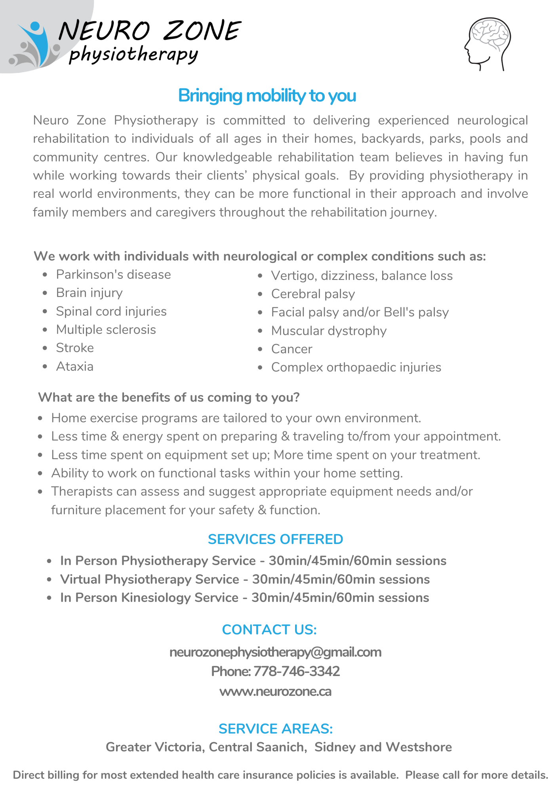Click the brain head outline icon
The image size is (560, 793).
(x=488, y=44)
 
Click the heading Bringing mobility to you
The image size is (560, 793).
(x=267, y=96)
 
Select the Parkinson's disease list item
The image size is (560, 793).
(x=113, y=274)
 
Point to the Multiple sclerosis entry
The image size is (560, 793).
(x=106, y=329)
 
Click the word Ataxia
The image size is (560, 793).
(x=75, y=366)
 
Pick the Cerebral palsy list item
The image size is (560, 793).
(x=313, y=294)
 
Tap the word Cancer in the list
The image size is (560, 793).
(x=291, y=349)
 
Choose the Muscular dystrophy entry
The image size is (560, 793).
(x=329, y=331)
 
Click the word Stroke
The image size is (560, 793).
(x=75, y=348)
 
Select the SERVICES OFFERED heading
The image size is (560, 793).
(x=275, y=539)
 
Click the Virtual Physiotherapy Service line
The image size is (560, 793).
(x=245, y=579)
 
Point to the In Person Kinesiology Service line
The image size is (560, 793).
(x=244, y=598)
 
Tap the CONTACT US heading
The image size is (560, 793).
(x=269, y=630)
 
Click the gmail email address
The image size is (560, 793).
(x=275, y=652)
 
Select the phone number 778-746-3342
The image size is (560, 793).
(x=296, y=671)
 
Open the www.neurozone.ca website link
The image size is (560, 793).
(x=275, y=691)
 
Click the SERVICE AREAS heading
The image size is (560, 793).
(x=276, y=729)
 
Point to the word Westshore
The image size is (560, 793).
(x=419, y=747)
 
